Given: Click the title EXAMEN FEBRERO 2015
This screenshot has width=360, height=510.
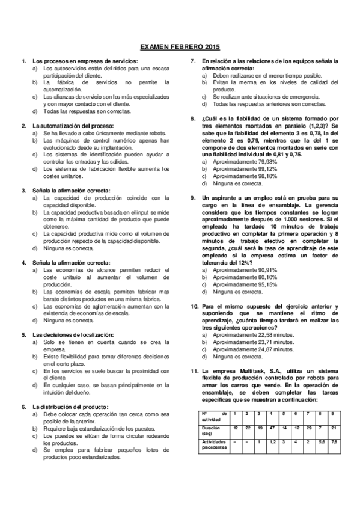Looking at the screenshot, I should [180, 46].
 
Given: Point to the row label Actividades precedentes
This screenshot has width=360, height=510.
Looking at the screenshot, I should [213, 444].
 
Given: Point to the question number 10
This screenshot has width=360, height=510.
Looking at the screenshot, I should [195, 306].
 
